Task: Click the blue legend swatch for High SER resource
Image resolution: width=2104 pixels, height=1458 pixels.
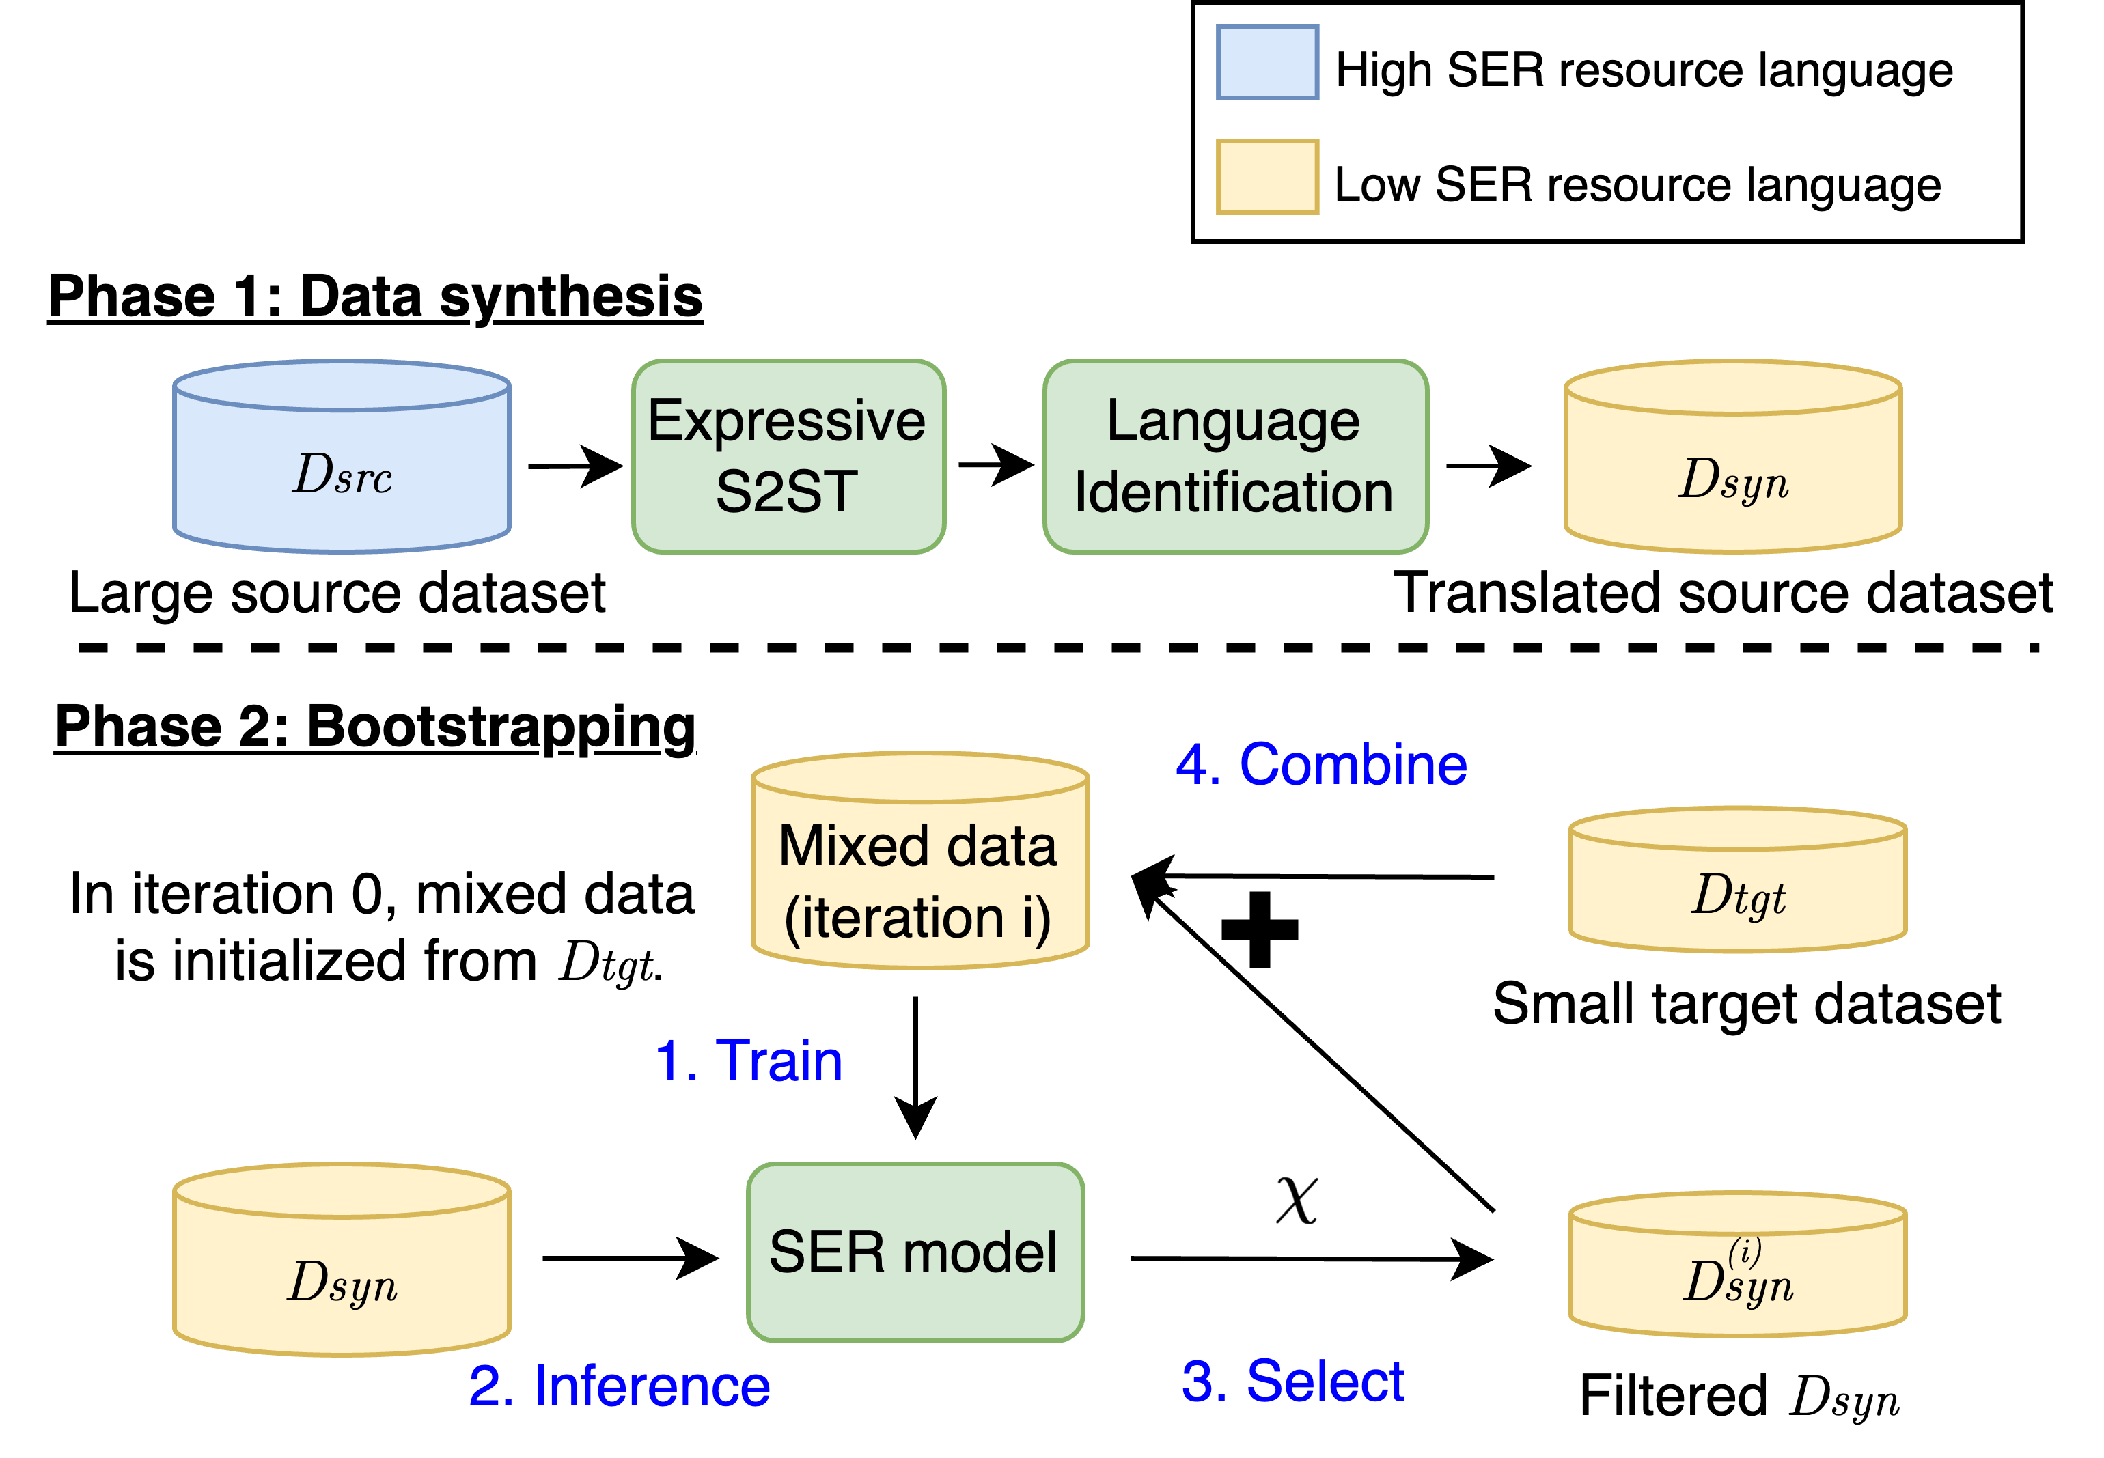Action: coord(1266,62)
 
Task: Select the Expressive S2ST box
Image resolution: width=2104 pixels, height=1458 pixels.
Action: coord(788,456)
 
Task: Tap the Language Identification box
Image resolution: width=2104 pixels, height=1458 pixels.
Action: coord(1234,456)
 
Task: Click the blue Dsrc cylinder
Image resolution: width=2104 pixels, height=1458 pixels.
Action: coord(341,462)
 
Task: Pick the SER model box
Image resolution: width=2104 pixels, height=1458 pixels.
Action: coord(915,1252)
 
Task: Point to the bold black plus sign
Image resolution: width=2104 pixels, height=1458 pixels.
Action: coord(1259,929)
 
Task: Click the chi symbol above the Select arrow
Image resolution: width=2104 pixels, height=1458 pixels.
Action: coord(1297,1198)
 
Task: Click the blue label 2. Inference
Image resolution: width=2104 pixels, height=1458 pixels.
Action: coord(620,1386)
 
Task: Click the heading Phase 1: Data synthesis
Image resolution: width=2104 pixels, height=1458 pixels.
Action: coord(376,297)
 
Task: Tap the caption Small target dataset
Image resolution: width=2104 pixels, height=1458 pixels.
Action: coord(1746,1003)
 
